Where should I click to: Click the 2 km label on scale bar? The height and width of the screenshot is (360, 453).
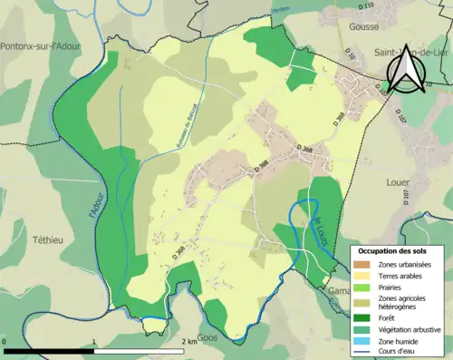tap(189, 342)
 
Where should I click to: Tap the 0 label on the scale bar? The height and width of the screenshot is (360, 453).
tap(5, 342)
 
